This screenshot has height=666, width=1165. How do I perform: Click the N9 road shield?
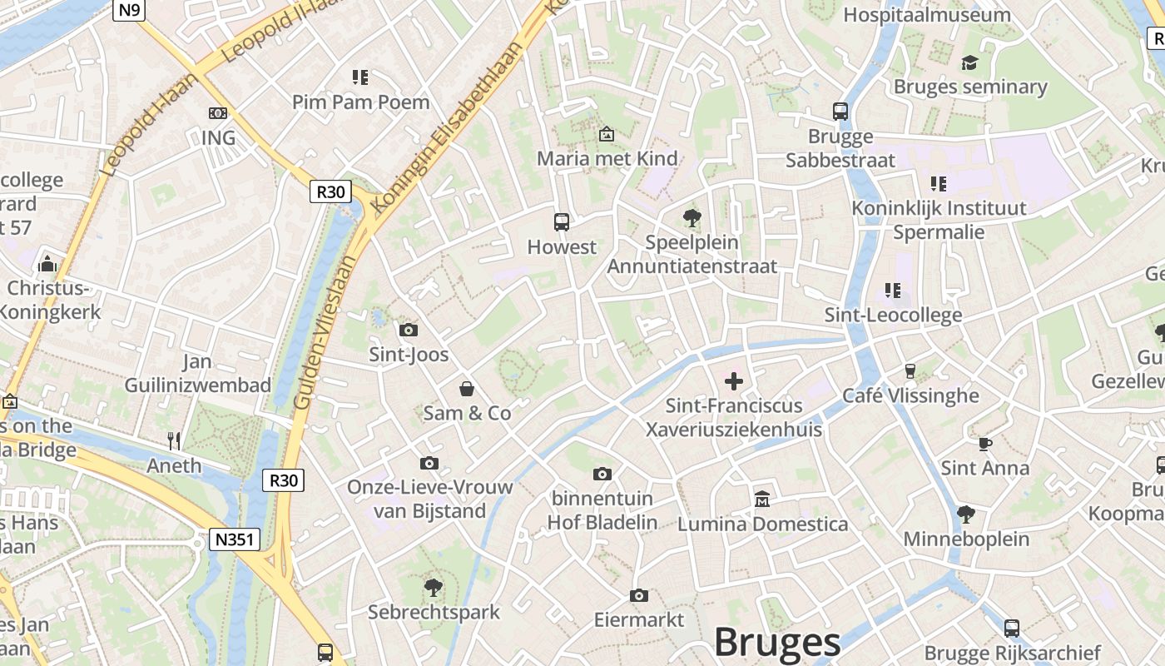click(x=130, y=10)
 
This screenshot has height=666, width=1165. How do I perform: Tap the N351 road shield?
click(x=234, y=539)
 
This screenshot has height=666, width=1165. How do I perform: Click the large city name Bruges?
click(x=777, y=643)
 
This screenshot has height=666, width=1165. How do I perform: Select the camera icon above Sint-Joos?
click(x=409, y=330)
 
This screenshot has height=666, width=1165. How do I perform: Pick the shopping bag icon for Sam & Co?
click(x=467, y=389)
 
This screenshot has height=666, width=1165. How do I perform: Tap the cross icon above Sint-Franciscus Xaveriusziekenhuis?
click(x=734, y=381)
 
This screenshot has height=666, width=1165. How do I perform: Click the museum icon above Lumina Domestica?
click(x=762, y=499)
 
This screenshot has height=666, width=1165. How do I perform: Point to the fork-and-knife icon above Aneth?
click(x=174, y=440)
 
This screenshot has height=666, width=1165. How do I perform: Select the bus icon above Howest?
click(x=562, y=222)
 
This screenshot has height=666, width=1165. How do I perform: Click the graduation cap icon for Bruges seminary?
click(x=969, y=62)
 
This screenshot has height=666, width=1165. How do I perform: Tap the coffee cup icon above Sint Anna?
click(x=984, y=443)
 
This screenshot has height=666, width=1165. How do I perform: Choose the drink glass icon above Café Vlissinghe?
click(x=910, y=370)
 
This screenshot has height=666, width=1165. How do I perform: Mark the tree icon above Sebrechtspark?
click(x=434, y=588)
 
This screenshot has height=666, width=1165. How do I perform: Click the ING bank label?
click(x=218, y=137)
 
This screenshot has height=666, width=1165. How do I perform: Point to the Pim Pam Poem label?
click(x=360, y=102)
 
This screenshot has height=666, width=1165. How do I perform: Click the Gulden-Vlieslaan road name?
click(x=325, y=333)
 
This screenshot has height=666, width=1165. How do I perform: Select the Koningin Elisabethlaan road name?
click(x=450, y=125)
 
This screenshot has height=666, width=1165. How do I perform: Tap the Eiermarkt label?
click(x=638, y=619)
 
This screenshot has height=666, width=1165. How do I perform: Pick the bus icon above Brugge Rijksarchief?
click(x=1012, y=629)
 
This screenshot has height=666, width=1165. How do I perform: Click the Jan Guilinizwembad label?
click(x=198, y=373)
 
